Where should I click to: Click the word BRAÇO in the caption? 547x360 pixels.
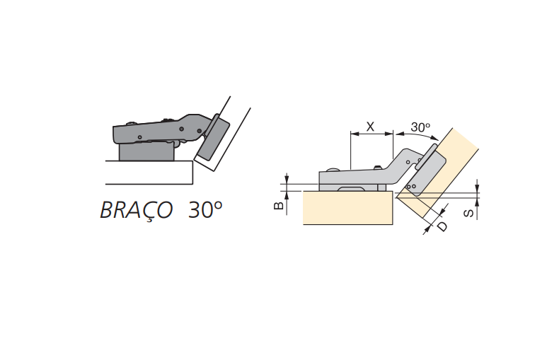click(137, 210)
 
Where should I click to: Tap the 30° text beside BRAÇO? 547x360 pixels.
click(205, 209)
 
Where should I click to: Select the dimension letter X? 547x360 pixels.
click(370, 127)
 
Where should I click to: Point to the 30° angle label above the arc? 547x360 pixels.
click(420, 127)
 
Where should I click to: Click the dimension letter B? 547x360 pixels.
click(279, 205)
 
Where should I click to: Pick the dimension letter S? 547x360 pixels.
click(469, 212)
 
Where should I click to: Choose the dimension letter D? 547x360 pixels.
click(442, 226)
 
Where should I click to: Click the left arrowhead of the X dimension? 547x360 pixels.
click(355, 134)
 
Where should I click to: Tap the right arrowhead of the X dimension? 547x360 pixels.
click(389, 134)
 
